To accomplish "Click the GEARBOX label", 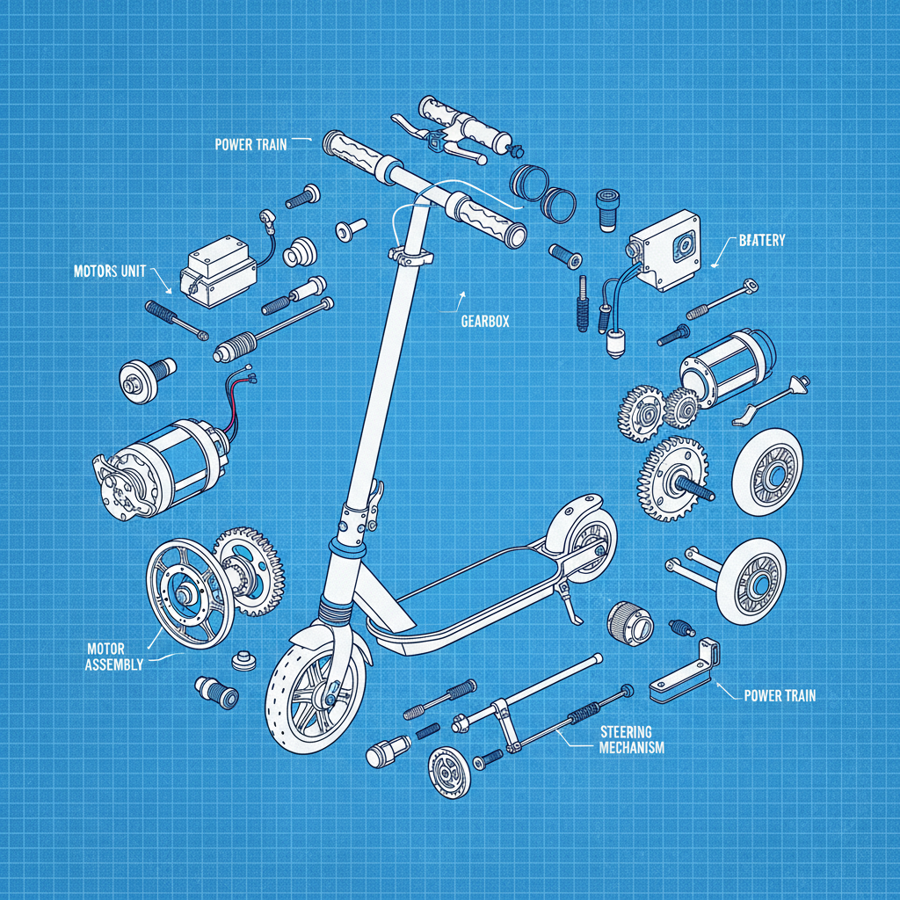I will pos(484,322).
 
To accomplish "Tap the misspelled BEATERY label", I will pos(761,239).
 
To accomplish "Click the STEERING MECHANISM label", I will pos(631,739).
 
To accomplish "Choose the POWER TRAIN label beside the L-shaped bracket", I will pos(780,695).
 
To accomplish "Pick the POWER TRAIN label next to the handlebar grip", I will pos(250,144).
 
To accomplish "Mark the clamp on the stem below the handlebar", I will pos(411,255).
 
